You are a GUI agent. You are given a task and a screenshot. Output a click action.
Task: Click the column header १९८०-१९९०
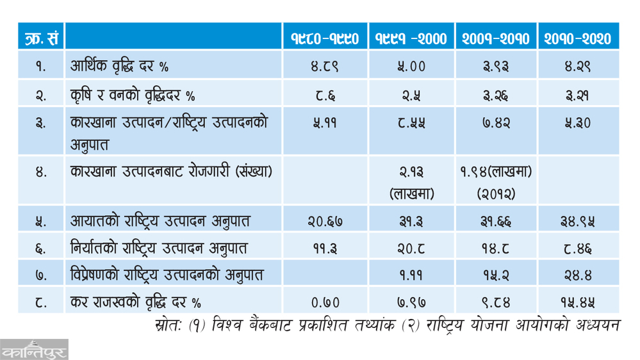coord(325,39)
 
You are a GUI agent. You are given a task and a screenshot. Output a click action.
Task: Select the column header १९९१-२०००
coord(411,39)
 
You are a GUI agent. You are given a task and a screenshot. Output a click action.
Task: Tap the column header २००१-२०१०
coord(495,39)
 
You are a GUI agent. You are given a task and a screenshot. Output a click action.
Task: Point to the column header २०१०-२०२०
coord(578,39)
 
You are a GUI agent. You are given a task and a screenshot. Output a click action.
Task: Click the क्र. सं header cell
coord(39,39)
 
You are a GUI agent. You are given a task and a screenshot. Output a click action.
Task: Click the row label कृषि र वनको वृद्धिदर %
coord(133,95)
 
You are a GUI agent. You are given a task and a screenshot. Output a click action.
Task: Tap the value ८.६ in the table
coord(325,95)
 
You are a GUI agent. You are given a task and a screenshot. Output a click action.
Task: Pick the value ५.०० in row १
coord(411,66)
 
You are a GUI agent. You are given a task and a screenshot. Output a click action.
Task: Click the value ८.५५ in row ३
coord(411,123)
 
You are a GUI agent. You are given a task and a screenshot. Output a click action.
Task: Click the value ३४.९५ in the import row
coord(578,221)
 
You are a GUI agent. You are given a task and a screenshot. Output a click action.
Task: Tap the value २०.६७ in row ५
coord(325,221)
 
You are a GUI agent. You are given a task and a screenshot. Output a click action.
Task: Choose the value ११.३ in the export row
coord(325,248)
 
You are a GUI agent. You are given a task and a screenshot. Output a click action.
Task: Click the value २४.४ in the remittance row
coord(578,275)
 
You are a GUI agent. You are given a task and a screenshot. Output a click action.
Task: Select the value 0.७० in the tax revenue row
coord(325,302)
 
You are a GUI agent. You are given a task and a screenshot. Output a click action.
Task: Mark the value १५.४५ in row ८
coord(578,302)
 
